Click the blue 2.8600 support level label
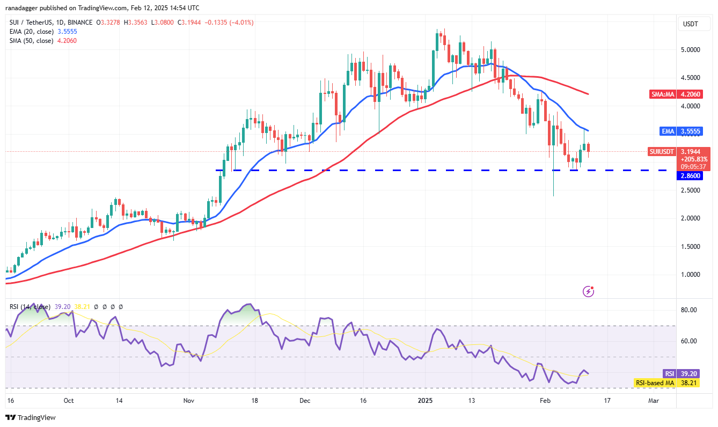(x=690, y=175)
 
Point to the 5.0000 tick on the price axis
(x=690, y=50)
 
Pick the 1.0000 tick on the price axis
(x=690, y=275)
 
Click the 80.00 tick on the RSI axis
(x=689, y=310)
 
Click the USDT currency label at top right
(x=690, y=24)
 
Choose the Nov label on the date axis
(x=188, y=400)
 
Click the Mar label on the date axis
(x=654, y=400)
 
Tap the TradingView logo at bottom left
(x=31, y=417)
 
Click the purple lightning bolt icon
(x=589, y=292)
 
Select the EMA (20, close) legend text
(x=32, y=32)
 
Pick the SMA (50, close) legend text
(x=32, y=40)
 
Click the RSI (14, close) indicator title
(x=30, y=307)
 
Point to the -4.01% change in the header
(x=241, y=23)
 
